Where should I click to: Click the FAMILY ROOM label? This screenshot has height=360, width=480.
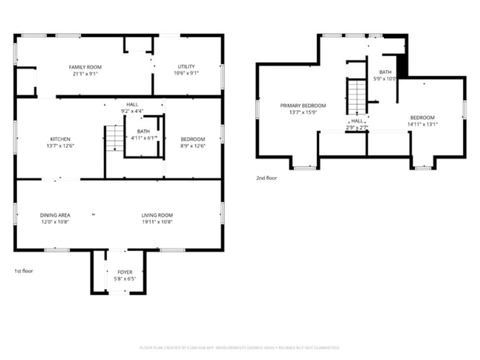click(x=85, y=67)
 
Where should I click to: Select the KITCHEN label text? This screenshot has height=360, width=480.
click(x=61, y=139)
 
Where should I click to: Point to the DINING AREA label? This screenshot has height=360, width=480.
click(x=55, y=215)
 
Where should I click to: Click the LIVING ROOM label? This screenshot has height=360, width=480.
click(x=157, y=215)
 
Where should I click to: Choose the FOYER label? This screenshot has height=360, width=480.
click(x=125, y=272)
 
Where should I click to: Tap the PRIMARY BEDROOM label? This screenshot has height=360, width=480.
click(x=303, y=105)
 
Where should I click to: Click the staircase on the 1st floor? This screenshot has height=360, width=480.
click(x=114, y=139)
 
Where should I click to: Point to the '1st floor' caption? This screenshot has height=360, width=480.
click(x=24, y=271)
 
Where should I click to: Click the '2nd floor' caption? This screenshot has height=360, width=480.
click(x=266, y=178)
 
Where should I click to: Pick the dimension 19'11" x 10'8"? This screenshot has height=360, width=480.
click(x=157, y=221)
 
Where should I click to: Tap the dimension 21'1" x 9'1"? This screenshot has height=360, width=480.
click(x=85, y=74)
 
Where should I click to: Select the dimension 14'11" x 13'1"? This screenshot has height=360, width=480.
click(x=422, y=124)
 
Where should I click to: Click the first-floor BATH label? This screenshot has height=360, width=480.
click(x=143, y=131)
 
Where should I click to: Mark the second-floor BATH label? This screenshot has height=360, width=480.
click(x=385, y=72)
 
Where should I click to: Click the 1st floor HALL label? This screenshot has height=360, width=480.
click(x=132, y=105)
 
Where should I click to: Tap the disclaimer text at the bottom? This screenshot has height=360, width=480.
click(x=240, y=347)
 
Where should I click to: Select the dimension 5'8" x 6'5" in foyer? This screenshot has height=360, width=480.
click(x=125, y=279)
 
